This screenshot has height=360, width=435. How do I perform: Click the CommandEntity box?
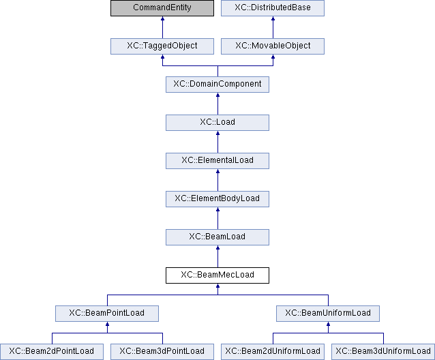click(162, 8)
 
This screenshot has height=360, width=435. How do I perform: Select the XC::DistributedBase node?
click(273, 8)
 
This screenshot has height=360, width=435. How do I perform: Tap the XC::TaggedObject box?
click(162, 46)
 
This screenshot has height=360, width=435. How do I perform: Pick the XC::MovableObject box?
click(273, 46)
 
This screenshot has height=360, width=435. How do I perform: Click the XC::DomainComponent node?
click(217, 85)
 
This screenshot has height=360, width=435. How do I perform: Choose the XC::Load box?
click(217, 123)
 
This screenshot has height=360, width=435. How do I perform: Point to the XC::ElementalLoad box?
click(217, 161)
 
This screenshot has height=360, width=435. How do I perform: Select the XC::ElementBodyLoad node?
click(217, 199)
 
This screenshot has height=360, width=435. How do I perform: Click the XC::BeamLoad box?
click(217, 237)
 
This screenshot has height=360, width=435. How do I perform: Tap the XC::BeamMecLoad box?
click(217, 275)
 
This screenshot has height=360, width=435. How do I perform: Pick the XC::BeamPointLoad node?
click(107, 314)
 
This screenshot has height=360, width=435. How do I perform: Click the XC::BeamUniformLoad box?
click(328, 314)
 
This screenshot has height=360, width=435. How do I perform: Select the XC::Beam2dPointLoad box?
click(52, 352)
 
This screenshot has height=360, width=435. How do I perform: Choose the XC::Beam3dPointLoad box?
click(162, 352)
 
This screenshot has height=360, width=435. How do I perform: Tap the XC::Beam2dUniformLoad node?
click(273, 352)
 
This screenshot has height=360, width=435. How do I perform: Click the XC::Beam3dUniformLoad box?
click(383, 352)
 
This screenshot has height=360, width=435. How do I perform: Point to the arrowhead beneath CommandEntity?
click(162, 18)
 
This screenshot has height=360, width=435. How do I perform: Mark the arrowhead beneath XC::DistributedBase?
click(273, 18)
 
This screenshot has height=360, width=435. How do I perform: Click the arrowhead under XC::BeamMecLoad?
click(217, 286)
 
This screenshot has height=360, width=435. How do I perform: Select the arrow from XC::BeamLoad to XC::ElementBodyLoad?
click(217, 218)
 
